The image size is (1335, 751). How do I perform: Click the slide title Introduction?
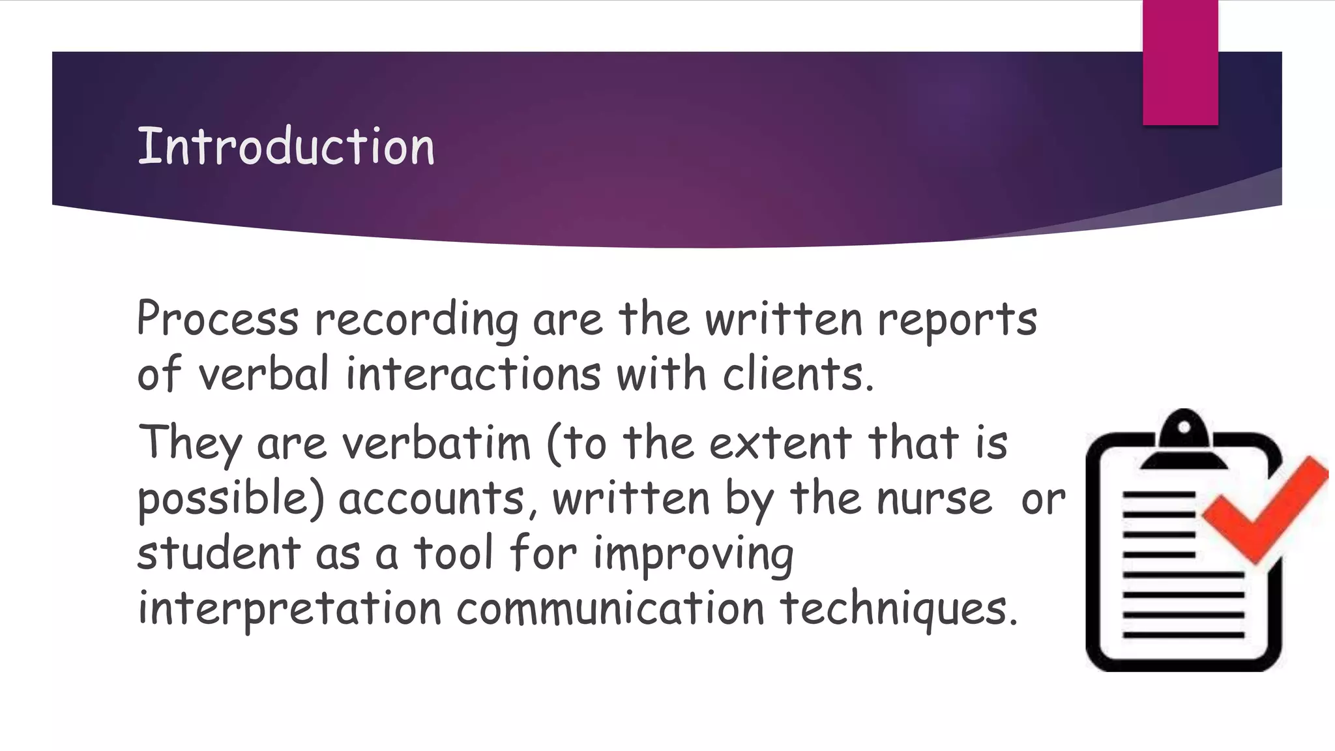(286, 146)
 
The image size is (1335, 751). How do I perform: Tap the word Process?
(218, 319)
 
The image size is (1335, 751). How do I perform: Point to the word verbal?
(263, 374)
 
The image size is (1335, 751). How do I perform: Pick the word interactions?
(473, 374)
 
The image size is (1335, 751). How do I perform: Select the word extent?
(780, 443)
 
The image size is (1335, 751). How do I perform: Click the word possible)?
(231, 499)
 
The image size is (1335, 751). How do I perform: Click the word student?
(218, 553)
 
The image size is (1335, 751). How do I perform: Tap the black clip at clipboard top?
(1184, 440)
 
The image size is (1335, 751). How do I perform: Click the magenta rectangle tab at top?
(1180, 63)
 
